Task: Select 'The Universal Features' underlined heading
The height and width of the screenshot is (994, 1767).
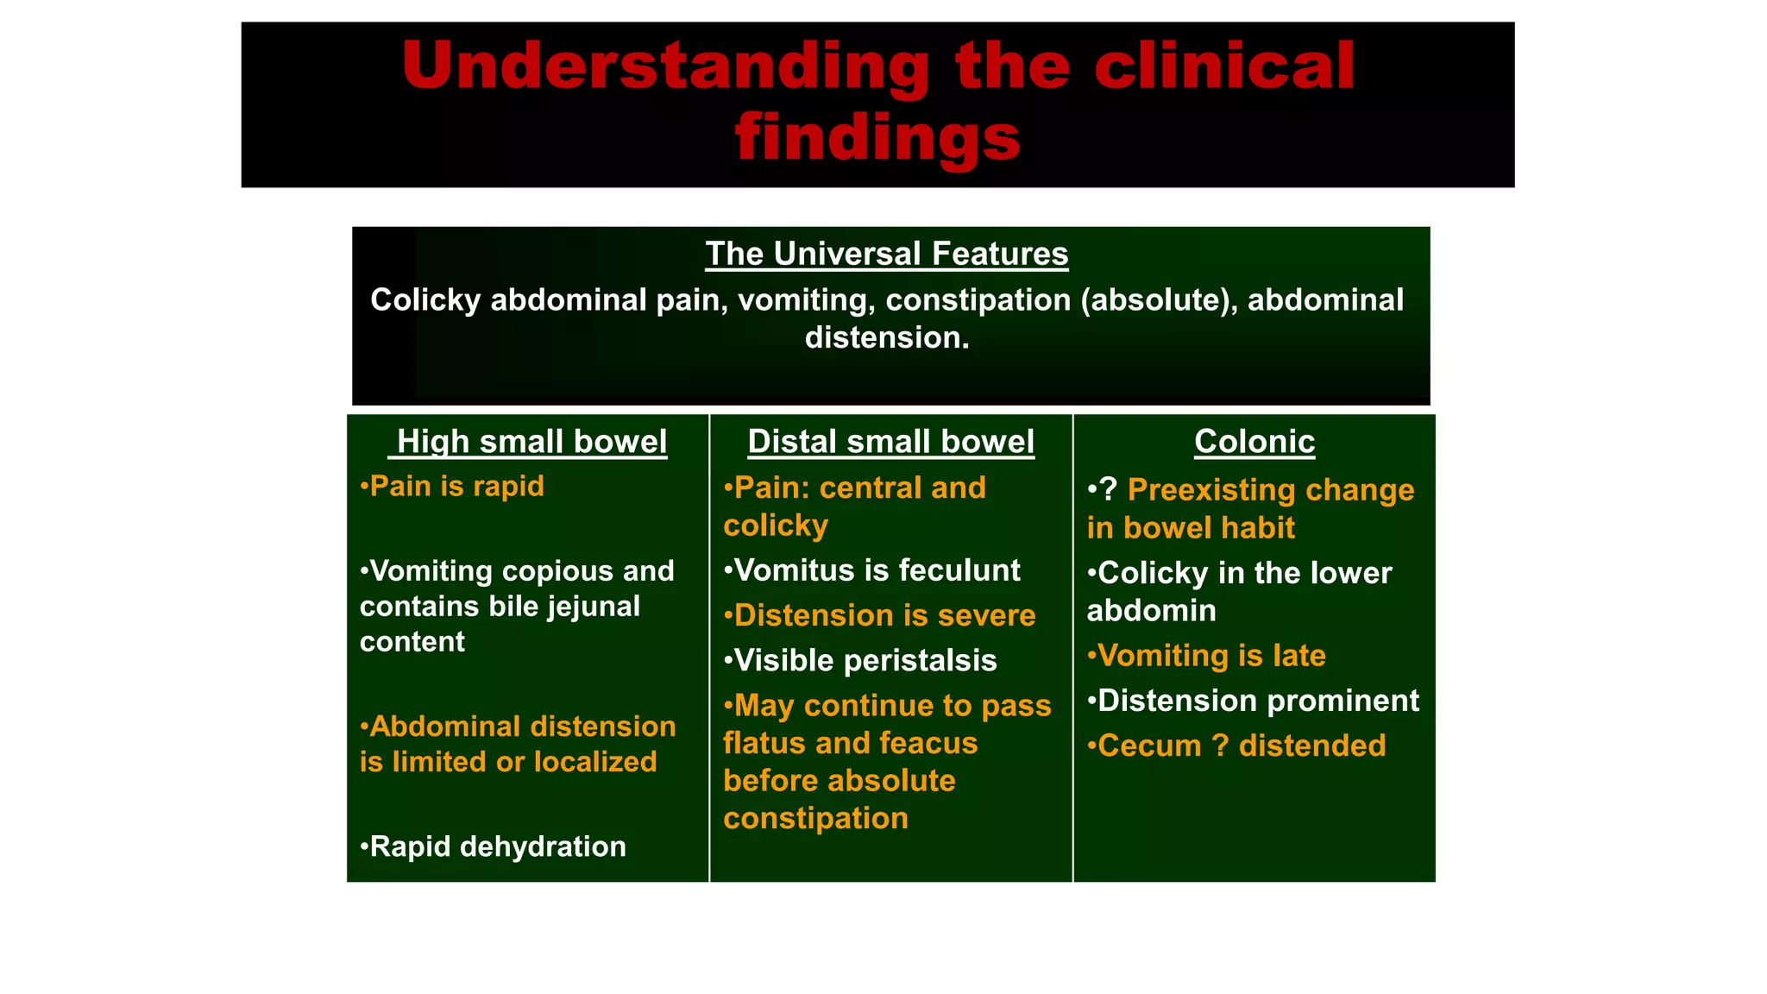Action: [x=886, y=255]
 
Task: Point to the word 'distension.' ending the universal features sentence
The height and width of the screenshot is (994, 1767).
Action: [x=887, y=337]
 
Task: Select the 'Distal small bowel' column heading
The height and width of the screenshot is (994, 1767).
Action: [x=890, y=442]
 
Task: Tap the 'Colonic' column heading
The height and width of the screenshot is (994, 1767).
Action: [x=1254, y=442]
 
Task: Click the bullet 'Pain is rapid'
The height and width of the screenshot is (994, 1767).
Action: [x=453, y=487]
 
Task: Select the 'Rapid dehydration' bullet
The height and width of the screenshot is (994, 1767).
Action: [x=494, y=846]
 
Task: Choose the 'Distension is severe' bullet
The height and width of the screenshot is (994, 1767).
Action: [x=880, y=615]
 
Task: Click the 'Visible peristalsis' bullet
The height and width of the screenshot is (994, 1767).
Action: [x=861, y=661]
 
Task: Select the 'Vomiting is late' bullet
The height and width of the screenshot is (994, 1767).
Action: [x=1207, y=656]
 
